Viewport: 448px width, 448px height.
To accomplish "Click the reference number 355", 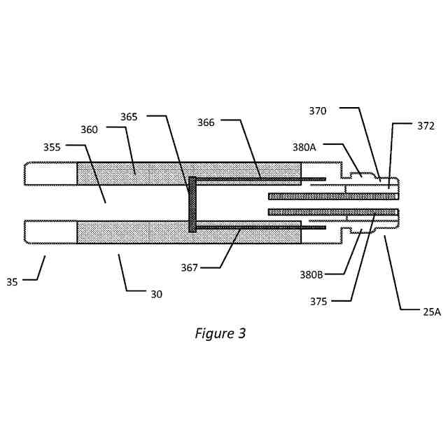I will coord(52,148).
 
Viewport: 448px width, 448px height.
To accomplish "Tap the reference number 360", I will coord(89,129).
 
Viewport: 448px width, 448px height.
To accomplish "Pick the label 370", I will coord(318,111).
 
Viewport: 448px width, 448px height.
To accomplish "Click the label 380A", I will coord(305,148).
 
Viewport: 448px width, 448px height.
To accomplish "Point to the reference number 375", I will coord(319,302).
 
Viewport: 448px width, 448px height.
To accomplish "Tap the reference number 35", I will coord(13,282).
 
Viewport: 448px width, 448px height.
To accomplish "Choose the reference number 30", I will coord(156,294).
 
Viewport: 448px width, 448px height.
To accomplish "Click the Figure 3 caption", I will coord(220,333).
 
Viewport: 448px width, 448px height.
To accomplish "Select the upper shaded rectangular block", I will coord(133,174).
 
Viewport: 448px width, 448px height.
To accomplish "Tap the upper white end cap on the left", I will coord(51,174).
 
